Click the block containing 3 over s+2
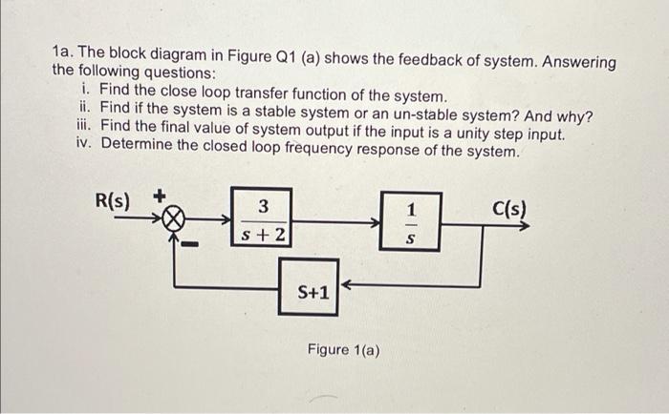tap(262, 219)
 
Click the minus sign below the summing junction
tap(192, 245)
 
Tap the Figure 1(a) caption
tap(344, 350)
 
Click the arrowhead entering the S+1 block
tap(348, 283)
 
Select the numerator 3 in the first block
tap(263, 206)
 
